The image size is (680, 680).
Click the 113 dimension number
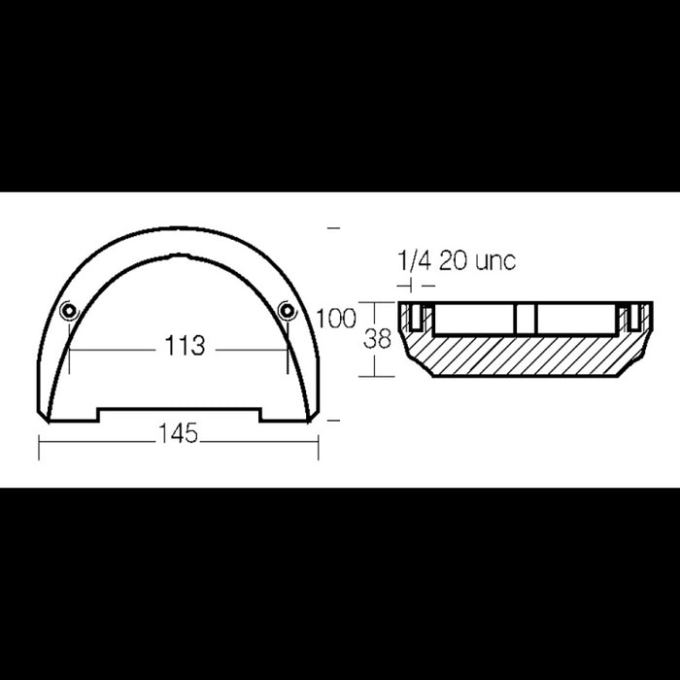pyautogui.click(x=185, y=346)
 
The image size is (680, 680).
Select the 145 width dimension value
pyautogui.click(x=178, y=433)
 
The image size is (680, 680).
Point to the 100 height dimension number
pyautogui.click(x=336, y=319)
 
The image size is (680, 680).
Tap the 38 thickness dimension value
pyautogui.click(x=377, y=339)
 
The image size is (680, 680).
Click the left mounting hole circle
pyautogui.click(x=69, y=311)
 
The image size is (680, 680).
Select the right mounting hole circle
pyautogui.click(x=287, y=311)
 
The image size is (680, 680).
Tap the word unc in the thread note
pyautogui.click(x=495, y=261)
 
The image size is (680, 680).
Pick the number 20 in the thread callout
pyautogui.click(x=454, y=260)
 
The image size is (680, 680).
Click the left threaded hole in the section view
pyautogui.click(x=415, y=316)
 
